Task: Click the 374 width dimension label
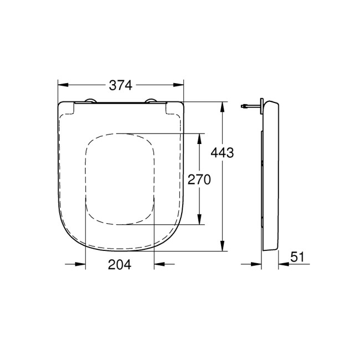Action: (120, 85)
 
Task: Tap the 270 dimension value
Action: (200, 180)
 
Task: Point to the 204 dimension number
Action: (120, 265)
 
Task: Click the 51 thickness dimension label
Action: (298, 257)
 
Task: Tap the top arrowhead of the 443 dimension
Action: (223, 106)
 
